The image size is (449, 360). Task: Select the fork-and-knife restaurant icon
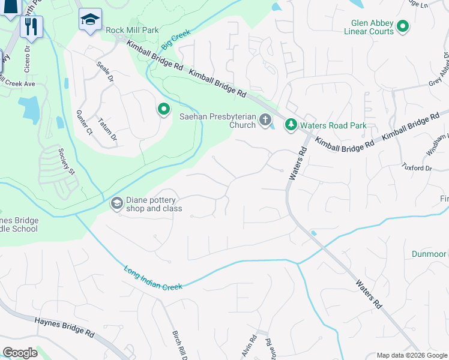(x=31, y=26)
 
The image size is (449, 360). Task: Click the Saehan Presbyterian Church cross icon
(x=265, y=121)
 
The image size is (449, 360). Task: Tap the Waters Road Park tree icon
(x=291, y=124)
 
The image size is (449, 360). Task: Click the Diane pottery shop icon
(x=116, y=205)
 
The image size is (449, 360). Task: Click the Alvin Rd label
(x=253, y=347)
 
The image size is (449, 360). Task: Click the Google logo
(x=20, y=352)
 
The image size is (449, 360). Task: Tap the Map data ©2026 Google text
(x=411, y=355)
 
